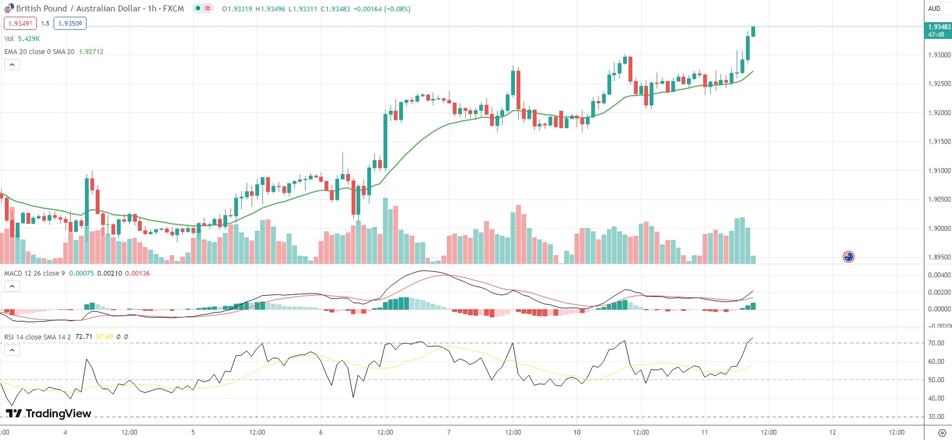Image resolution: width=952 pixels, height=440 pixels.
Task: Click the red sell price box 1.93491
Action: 20,23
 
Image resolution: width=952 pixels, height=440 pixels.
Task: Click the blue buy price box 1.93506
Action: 70,23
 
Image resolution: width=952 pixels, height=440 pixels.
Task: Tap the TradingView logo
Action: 49,414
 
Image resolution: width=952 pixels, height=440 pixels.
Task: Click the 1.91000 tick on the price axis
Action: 939,171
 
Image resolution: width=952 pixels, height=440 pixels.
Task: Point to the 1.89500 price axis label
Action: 939,257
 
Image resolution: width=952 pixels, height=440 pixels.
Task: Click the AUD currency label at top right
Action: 934,9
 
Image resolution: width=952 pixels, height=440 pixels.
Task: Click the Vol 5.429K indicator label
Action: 22,39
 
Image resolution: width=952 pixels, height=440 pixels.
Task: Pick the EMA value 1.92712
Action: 91,52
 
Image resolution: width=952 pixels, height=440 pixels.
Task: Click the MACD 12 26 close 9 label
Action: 35,274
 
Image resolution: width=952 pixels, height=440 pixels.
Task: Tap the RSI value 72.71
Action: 83,337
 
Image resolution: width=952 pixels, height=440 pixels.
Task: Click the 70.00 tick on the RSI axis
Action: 936,343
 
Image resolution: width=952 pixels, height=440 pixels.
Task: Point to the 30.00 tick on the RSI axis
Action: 936,417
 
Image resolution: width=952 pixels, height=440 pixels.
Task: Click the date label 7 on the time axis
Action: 449,432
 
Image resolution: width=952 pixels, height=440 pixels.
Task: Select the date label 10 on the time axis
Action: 577,432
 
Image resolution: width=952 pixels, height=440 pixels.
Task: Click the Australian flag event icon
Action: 848,257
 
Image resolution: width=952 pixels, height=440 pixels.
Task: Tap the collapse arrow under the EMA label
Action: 12,65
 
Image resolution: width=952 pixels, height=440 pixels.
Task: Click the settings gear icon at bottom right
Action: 942,433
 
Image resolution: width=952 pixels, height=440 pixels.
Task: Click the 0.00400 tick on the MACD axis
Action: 939,275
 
